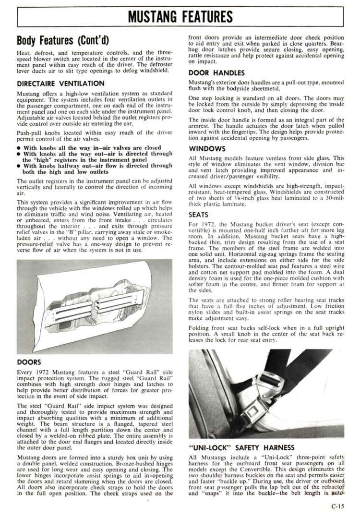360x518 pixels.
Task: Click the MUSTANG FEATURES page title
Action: [180, 18]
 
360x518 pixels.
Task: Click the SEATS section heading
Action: [198, 215]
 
